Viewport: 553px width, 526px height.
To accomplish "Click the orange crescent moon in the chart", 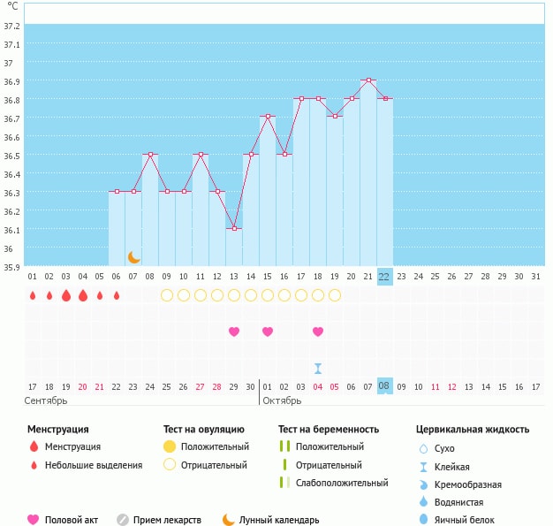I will point(134,257).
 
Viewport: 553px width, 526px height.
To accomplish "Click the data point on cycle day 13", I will point(234,228).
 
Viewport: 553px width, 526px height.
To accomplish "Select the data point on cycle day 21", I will point(368,80).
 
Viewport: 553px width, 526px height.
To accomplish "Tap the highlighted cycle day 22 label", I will point(384,276).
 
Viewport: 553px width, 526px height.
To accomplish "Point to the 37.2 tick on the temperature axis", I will point(12,27).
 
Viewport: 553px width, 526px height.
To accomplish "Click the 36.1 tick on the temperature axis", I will point(12,230).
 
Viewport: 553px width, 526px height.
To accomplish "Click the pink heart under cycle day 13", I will point(234,332).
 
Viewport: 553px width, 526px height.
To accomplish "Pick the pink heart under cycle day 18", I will point(318,332).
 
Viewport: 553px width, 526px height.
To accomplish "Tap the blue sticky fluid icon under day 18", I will point(318,368).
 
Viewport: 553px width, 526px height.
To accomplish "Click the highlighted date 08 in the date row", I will point(384,386).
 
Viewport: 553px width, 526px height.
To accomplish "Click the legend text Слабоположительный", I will point(342,483).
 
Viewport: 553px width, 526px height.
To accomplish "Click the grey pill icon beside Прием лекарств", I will point(122,520).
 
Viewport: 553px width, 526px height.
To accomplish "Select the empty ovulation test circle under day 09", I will point(167,295).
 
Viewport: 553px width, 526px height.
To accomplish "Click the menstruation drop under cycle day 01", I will point(33,295).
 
